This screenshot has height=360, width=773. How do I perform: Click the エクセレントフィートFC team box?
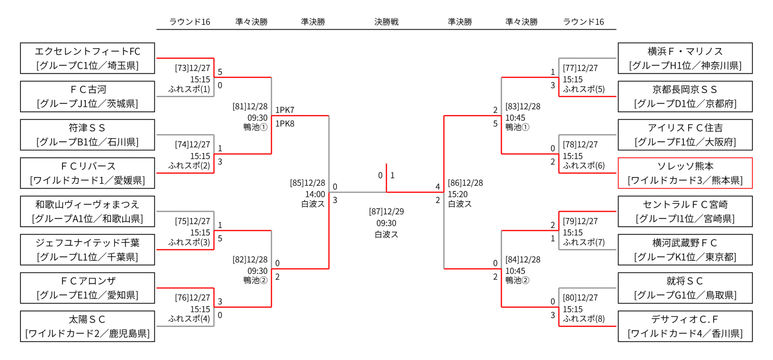click(87, 58)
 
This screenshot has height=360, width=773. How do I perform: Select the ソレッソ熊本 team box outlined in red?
click(685, 173)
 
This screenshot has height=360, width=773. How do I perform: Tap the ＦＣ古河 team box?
click(87, 97)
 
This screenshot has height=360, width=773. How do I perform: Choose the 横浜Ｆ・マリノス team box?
click(685, 58)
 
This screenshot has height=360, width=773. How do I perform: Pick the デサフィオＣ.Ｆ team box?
click(685, 326)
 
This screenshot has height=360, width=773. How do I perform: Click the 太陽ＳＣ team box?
click(87, 326)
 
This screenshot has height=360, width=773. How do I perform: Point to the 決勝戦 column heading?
click(386, 22)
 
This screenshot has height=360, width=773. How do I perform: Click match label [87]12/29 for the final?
click(386, 212)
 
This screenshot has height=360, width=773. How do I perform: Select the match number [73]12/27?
click(192, 68)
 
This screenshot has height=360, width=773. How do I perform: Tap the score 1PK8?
click(284, 124)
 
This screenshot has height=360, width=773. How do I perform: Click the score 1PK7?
click(284, 110)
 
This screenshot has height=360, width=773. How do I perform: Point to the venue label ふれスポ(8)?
click(583, 319)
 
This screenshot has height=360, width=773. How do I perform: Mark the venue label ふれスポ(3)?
click(189, 242)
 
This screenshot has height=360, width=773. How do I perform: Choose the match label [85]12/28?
click(307, 183)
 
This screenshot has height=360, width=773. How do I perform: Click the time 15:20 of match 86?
click(457, 194)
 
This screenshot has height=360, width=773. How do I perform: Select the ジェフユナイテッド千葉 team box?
click(87, 250)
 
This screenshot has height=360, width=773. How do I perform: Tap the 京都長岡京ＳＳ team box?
click(685, 97)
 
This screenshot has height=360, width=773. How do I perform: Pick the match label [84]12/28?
click(523, 260)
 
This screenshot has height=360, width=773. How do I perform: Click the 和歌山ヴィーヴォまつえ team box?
click(87, 212)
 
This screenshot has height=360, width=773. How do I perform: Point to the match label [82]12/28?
click(250, 260)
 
